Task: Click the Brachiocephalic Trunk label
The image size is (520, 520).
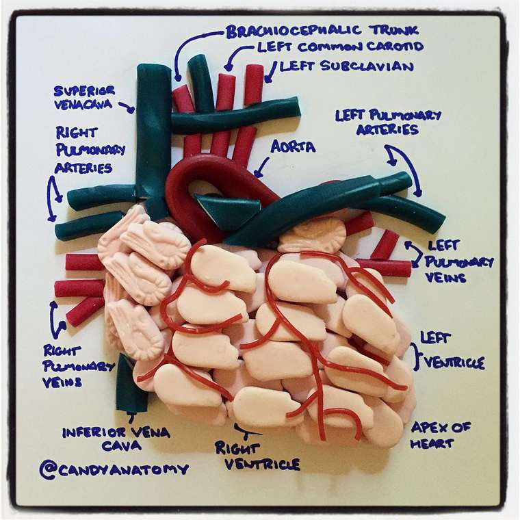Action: click(322, 31)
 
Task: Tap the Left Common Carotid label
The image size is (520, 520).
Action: click(340, 47)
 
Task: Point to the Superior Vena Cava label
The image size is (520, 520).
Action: click(84, 97)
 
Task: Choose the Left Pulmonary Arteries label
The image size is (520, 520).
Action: click(388, 122)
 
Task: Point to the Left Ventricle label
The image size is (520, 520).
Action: click(452, 350)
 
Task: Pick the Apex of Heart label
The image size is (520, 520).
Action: click(441, 434)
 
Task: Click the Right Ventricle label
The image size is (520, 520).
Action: click(257, 456)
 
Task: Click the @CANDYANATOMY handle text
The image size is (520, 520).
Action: click(114, 469)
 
